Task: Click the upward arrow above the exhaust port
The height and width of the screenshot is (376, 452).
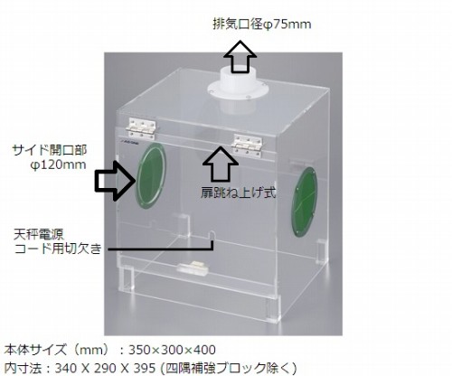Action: tap(240, 56)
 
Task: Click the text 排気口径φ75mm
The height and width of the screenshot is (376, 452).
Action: tap(262, 24)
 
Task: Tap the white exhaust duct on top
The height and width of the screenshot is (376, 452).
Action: tap(238, 90)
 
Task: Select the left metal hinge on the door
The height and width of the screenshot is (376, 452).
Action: tap(142, 129)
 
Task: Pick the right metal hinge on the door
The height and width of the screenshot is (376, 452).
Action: tap(248, 146)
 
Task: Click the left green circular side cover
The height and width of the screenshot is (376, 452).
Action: tap(151, 175)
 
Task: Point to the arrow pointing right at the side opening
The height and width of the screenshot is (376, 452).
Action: tap(116, 181)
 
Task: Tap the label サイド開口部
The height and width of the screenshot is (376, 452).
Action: tap(50, 150)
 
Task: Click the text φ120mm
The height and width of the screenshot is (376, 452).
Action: tap(58, 164)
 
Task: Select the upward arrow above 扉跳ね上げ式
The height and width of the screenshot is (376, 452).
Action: tap(221, 164)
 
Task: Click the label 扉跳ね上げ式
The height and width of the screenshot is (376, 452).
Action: tap(238, 193)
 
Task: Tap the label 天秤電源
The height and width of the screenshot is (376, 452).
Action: tap(39, 234)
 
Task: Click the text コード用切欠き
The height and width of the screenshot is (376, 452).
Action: tap(58, 249)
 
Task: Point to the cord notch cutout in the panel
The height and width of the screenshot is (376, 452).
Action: tap(212, 236)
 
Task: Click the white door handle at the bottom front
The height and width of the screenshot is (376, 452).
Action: tap(193, 268)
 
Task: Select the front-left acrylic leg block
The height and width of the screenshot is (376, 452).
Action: tap(127, 277)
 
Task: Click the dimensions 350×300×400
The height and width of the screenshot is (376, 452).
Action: tap(172, 350)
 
